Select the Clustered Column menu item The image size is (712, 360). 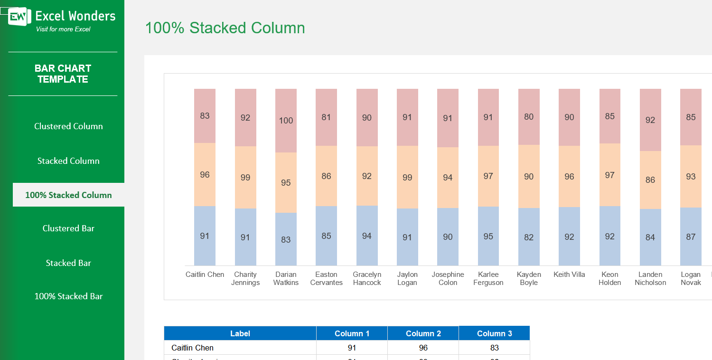pyautogui.click(x=68, y=126)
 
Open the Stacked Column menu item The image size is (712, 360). pyautogui.click(x=68, y=161)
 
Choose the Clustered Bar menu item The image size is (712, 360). pyautogui.click(x=68, y=228)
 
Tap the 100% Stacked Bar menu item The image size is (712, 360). pyautogui.click(x=68, y=296)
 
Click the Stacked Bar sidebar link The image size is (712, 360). pyautogui.click(x=68, y=263)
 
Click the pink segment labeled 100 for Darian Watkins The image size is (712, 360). pyautogui.click(x=286, y=121)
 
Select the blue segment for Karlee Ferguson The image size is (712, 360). pyautogui.click(x=488, y=236)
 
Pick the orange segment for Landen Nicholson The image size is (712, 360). pyautogui.click(x=650, y=180)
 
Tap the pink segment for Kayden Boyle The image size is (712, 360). pyautogui.click(x=529, y=117)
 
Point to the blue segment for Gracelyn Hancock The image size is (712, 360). pyautogui.click(x=367, y=236)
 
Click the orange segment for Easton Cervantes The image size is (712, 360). pyautogui.click(x=326, y=176)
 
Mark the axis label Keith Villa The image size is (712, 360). pyautogui.click(x=569, y=275)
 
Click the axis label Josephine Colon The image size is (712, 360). pyautogui.click(x=448, y=278)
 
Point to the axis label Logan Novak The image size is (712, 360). pyautogui.click(x=691, y=278)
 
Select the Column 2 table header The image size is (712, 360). pyautogui.click(x=423, y=333)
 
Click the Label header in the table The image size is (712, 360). pyautogui.click(x=240, y=333)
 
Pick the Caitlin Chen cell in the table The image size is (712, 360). pyautogui.click(x=193, y=348)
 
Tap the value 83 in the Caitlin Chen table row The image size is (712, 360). pyautogui.click(x=494, y=348)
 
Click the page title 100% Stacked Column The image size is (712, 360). pyautogui.click(x=225, y=28)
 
